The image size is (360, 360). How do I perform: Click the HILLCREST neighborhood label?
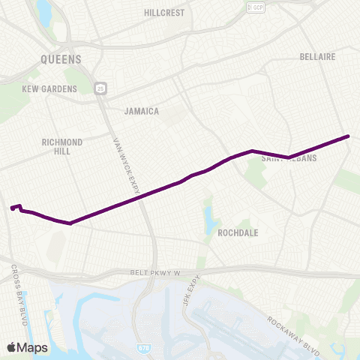165,13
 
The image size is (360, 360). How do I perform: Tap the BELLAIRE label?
316,56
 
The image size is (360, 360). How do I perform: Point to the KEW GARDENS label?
49,89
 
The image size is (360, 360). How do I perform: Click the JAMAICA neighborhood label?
141,111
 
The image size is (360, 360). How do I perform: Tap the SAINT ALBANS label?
289,159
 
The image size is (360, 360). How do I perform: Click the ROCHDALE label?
238,232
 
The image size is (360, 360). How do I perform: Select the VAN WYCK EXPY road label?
127,167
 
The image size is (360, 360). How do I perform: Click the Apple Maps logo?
26,347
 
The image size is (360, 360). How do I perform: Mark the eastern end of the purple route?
349,136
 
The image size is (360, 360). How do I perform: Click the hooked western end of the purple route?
12,208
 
